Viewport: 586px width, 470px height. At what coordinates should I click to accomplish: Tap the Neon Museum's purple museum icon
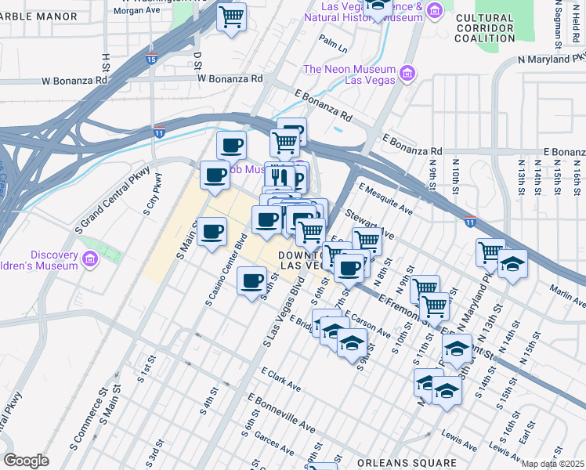point(407,74)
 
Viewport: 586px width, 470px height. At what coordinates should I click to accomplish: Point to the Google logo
point(26,461)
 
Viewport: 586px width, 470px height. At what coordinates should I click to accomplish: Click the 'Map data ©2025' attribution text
point(552,464)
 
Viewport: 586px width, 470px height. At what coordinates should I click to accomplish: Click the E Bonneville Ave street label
point(281,413)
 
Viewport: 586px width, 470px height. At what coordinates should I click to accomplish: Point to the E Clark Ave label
point(281,380)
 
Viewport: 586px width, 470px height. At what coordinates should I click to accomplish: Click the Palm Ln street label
point(333,42)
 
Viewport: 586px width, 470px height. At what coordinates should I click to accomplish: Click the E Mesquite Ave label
point(385,199)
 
